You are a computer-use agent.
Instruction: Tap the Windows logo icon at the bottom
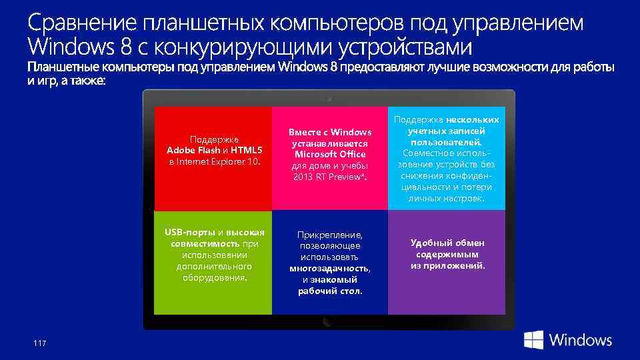533,340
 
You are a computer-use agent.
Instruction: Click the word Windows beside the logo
580,340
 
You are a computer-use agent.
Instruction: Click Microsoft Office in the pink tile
330,155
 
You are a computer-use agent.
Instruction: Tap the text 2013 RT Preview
328,176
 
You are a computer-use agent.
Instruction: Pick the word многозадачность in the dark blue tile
329,268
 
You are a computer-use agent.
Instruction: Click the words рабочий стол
330,291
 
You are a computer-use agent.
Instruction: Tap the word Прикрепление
330,235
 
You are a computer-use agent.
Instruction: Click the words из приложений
447,265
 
